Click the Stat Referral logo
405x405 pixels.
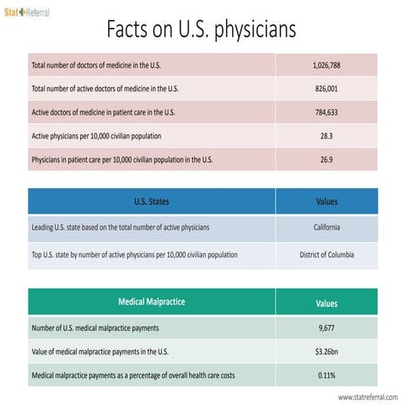point(27,13)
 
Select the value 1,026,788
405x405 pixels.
point(326,64)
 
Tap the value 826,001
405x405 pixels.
point(326,88)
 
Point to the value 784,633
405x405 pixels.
point(326,111)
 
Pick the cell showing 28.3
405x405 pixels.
point(326,135)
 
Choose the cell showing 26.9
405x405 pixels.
point(326,159)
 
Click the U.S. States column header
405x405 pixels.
point(151,202)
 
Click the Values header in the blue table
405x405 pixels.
point(326,202)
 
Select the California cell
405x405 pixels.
point(326,227)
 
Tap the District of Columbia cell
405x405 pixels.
point(326,254)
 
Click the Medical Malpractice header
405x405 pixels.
point(151,301)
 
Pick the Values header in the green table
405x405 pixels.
point(326,302)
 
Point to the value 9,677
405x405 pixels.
point(326,327)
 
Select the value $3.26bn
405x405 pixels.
point(326,351)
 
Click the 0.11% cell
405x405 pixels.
point(326,375)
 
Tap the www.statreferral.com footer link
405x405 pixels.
point(367,397)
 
